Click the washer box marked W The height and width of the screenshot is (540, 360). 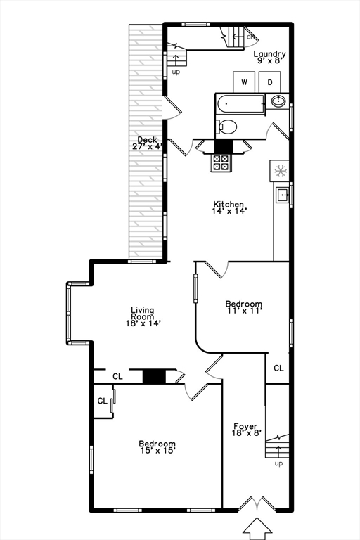(245, 82)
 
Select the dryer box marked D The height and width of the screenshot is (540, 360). (270, 82)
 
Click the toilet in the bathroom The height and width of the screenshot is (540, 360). (226, 127)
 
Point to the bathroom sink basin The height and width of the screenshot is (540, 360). (278, 101)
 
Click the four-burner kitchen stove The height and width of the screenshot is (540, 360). (221, 162)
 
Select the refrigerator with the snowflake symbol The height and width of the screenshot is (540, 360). (280, 170)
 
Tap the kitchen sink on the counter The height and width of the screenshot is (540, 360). (281, 194)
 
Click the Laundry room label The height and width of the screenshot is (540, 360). (270, 57)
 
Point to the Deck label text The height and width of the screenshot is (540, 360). (148, 143)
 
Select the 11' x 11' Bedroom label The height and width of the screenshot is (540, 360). (244, 308)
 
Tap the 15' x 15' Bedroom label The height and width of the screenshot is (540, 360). (157, 447)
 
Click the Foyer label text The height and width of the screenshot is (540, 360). (246, 429)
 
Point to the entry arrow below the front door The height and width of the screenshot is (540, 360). (256, 528)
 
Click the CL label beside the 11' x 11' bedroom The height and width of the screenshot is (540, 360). (279, 368)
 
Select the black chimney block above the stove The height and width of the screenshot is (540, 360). (224, 146)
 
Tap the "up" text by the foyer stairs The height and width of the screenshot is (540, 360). (278, 463)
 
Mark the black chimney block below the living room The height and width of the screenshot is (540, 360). (154, 376)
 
